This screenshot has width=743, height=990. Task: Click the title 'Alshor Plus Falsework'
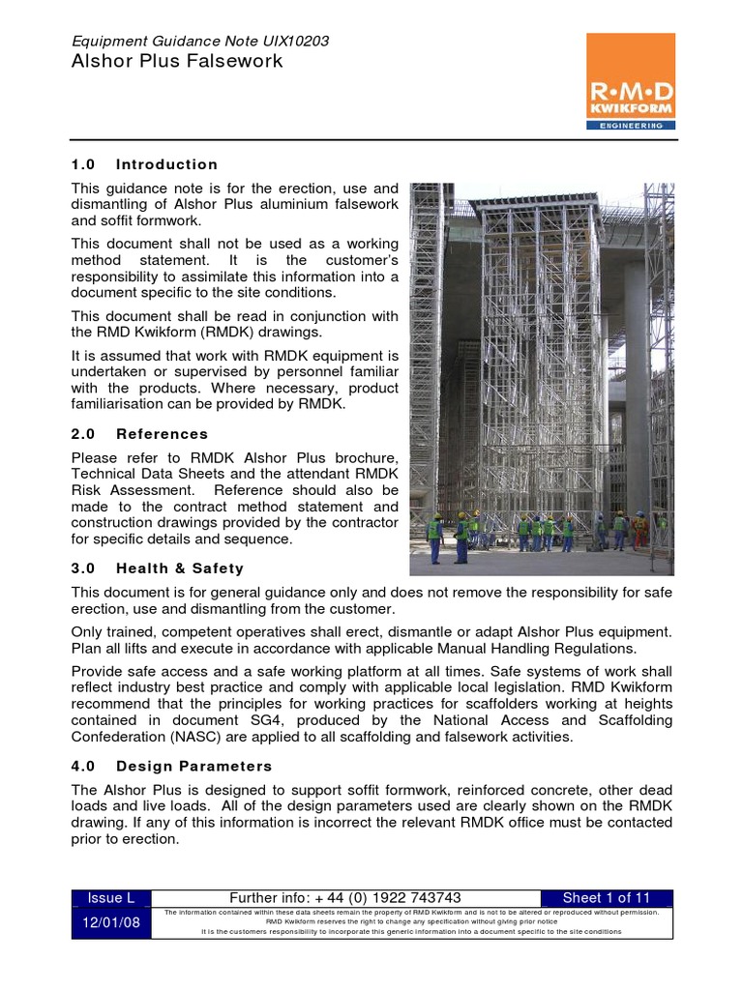(x=178, y=62)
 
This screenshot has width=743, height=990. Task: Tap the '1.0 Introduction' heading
(x=145, y=164)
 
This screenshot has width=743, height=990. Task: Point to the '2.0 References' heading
(x=139, y=434)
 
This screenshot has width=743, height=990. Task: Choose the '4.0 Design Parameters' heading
(x=172, y=767)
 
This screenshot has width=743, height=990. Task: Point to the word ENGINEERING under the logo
(x=631, y=125)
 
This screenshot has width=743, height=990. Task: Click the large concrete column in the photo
(x=635, y=387)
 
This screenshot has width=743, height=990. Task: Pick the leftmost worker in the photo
(x=434, y=537)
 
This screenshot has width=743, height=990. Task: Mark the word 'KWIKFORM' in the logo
(x=631, y=110)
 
